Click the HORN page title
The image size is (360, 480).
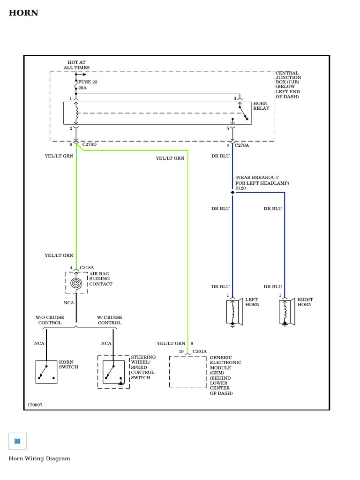click(23, 13)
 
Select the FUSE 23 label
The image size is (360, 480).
click(88, 82)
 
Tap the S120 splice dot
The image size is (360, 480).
click(232, 192)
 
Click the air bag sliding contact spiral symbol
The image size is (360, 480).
click(76, 283)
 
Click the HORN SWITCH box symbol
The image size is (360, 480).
click(46, 372)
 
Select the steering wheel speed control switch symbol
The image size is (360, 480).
click(113, 372)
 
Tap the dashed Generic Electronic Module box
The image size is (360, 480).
click(187, 372)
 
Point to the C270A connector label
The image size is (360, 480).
click(242, 145)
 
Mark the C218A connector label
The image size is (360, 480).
click(87, 268)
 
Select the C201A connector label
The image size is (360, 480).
click(199, 351)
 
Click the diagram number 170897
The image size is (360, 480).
click(35, 404)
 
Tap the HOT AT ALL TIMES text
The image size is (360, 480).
click(76, 65)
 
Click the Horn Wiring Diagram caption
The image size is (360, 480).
click(39, 458)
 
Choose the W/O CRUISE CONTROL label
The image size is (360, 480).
click(50, 320)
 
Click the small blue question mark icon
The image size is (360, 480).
click(17, 441)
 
